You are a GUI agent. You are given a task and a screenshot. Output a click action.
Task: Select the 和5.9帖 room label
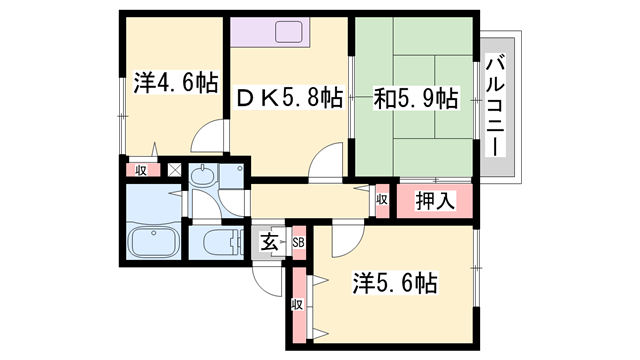click(x=416, y=98)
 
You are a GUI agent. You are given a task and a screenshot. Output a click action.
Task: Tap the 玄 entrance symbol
click(x=270, y=241)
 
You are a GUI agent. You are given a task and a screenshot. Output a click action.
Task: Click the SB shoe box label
click(x=298, y=241)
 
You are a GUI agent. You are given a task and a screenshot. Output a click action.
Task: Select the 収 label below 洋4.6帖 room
click(x=142, y=169)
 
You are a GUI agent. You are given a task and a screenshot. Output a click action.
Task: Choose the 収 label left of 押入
click(x=382, y=200)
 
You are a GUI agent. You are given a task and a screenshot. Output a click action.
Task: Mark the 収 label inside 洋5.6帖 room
click(x=297, y=305)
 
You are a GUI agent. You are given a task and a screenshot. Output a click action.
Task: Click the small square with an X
click(x=176, y=169)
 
